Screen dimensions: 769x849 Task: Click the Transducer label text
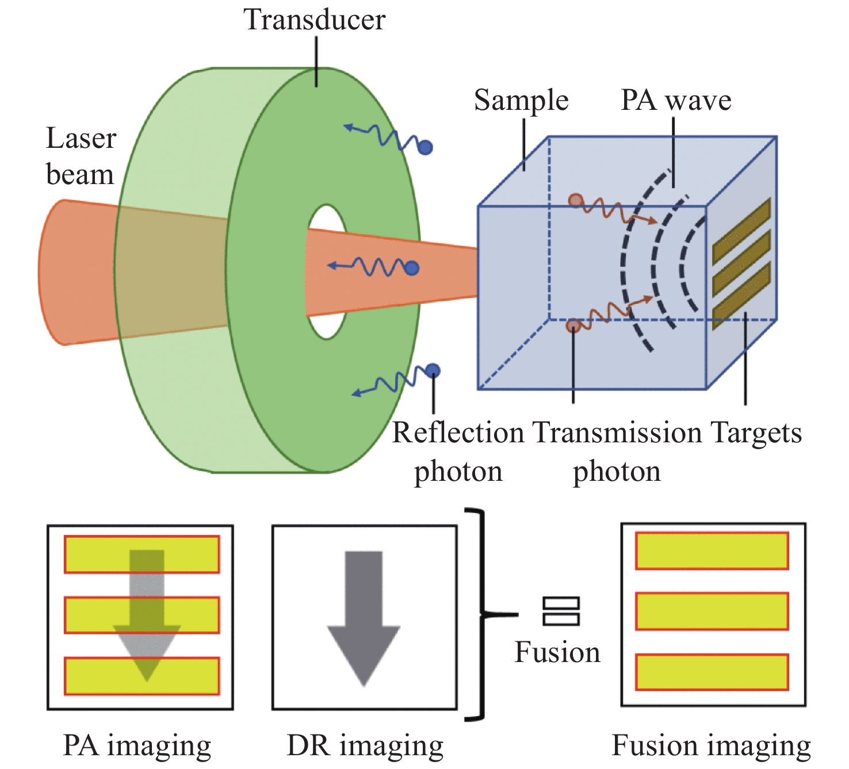click(x=314, y=20)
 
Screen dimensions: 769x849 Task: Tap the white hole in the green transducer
click(x=327, y=271)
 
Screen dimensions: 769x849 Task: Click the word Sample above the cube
click(x=521, y=101)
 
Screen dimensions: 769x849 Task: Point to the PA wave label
click(x=676, y=101)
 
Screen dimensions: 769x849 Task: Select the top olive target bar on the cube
click(x=741, y=231)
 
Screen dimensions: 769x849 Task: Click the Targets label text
click(x=756, y=433)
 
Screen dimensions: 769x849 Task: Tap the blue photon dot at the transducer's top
click(x=425, y=148)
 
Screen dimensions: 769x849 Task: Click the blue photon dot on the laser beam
click(x=412, y=268)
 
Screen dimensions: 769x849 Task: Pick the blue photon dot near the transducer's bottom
click(x=433, y=371)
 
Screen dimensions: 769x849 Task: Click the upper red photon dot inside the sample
click(x=575, y=201)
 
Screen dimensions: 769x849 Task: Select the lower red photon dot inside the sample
click(x=572, y=326)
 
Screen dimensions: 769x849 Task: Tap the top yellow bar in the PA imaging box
click(x=141, y=554)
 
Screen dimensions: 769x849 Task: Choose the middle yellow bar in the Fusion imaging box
click(x=712, y=611)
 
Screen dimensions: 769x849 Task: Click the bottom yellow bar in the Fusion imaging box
click(x=712, y=672)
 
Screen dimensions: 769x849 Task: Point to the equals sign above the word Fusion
click(x=561, y=611)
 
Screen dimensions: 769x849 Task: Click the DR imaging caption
click(x=365, y=746)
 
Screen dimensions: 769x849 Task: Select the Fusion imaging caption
click(x=711, y=746)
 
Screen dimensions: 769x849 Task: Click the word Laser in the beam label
click(x=81, y=139)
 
